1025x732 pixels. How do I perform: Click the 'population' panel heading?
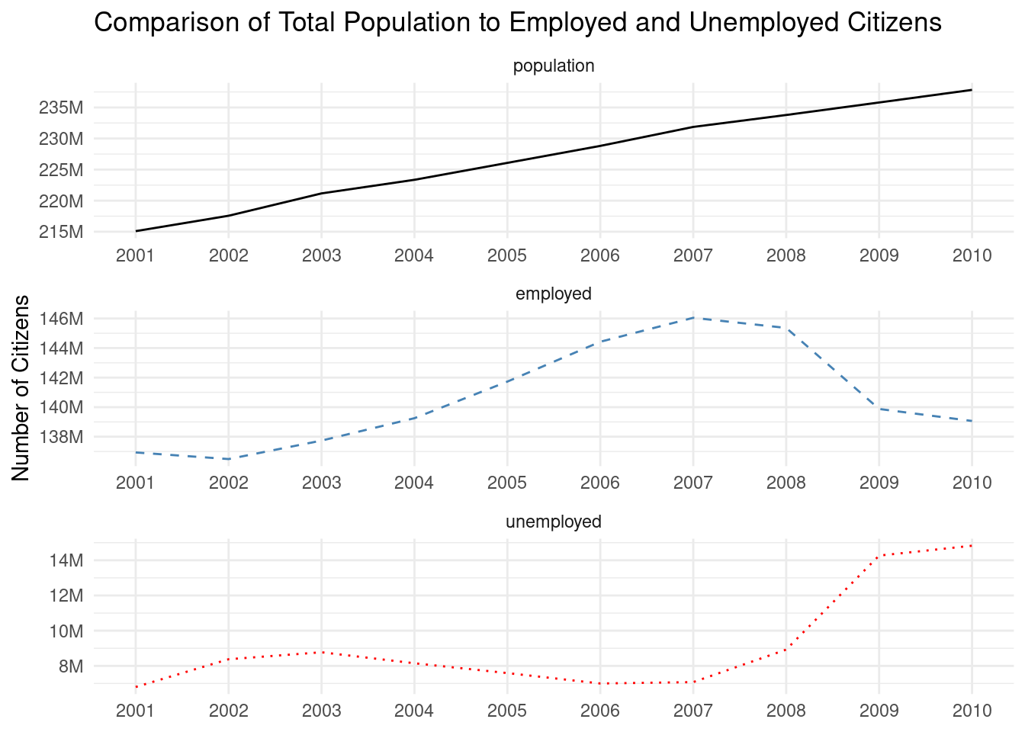pyautogui.click(x=554, y=66)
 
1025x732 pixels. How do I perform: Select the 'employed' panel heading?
pyautogui.click(x=554, y=294)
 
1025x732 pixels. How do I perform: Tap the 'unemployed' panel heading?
pyautogui.click(x=554, y=522)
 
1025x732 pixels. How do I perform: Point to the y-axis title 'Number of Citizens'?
pyautogui.click(x=21, y=387)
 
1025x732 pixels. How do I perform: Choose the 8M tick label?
pyautogui.click(x=69, y=666)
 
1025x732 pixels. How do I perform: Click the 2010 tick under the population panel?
pyautogui.click(x=972, y=255)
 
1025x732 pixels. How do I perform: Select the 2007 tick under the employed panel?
pyautogui.click(x=692, y=483)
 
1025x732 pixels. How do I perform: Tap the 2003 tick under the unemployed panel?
pyautogui.click(x=321, y=711)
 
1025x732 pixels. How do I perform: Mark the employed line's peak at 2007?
pyautogui.click(x=692, y=317)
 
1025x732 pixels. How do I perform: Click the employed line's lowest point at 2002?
pyautogui.click(x=229, y=459)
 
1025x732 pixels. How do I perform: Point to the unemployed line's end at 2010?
pyautogui.click(x=972, y=546)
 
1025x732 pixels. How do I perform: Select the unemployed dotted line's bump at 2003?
pyautogui.click(x=321, y=652)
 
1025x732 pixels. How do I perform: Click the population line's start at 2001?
pyautogui.click(x=136, y=231)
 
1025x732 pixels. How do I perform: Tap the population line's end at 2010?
pyautogui.click(x=972, y=90)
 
